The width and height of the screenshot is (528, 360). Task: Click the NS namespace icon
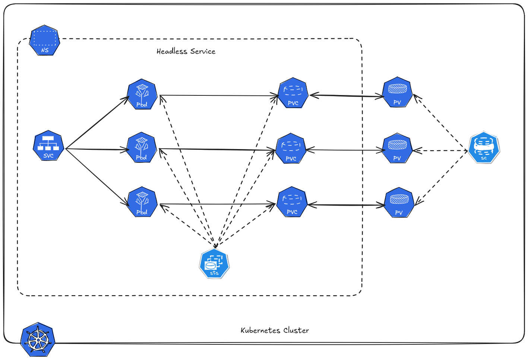tap(45, 41)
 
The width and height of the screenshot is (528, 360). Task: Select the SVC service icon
tap(48, 146)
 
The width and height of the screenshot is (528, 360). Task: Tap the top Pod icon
tap(142, 94)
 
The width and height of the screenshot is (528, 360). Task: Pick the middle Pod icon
tap(142, 148)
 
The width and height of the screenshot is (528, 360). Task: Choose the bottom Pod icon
tap(142, 202)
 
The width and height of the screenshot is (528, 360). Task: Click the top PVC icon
tap(293, 94)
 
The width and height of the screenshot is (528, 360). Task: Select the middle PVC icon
tap(291, 149)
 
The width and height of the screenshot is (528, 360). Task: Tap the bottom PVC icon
tap(292, 202)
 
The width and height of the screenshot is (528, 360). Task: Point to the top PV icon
tap(397, 92)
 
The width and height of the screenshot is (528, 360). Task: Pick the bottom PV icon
tap(399, 203)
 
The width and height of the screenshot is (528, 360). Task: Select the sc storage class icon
tap(484, 147)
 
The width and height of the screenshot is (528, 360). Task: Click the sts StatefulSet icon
tap(214, 263)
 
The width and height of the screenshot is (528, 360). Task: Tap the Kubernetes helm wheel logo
tap(38, 340)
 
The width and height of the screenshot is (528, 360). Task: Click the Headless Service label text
tap(186, 51)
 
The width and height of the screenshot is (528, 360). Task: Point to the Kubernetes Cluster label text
tap(275, 331)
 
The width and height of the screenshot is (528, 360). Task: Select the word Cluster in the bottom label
tap(296, 331)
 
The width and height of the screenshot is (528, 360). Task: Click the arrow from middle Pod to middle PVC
tap(216, 150)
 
